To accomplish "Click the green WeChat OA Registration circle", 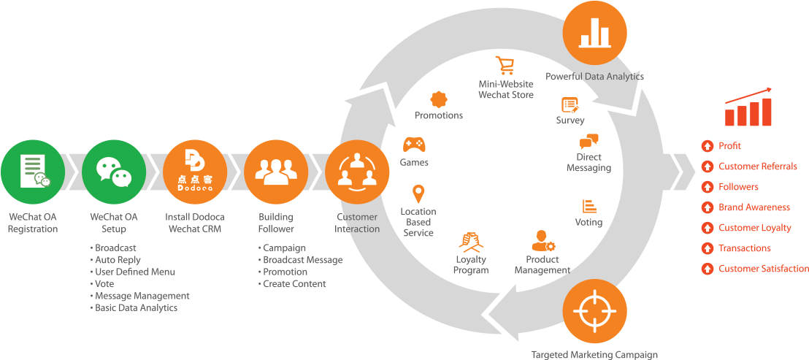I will click(33, 172).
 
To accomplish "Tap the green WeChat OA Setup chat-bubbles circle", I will click(114, 172).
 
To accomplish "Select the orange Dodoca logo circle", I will click(195, 172).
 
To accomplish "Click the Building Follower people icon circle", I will click(276, 172).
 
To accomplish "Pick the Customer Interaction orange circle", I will click(356, 172).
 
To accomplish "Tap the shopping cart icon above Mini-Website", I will click(505, 66).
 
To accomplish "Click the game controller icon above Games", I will click(414, 144).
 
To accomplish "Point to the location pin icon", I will click(418, 194).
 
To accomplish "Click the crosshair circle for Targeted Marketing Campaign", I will click(595, 312).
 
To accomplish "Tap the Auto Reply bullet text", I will click(118, 260).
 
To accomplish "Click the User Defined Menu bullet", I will click(134, 272).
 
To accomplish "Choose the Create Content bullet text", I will click(294, 284).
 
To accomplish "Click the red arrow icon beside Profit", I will click(707, 146).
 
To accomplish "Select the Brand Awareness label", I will click(754, 207).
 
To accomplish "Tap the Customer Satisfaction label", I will click(763, 269).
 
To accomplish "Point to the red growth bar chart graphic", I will click(748, 108).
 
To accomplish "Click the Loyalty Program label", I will click(471, 264).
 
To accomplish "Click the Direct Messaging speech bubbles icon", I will click(588, 142).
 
